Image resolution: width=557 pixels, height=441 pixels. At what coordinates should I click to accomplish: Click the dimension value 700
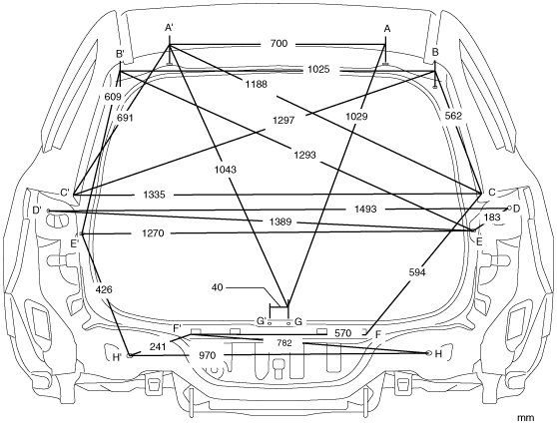(x=278, y=44)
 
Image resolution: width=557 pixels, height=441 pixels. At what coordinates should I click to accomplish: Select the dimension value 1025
(x=318, y=69)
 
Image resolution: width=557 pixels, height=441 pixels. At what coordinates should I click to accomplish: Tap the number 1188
(x=256, y=84)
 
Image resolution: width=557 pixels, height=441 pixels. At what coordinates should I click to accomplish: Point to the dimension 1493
(x=365, y=209)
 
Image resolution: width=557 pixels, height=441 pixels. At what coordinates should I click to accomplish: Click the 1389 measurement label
(x=280, y=221)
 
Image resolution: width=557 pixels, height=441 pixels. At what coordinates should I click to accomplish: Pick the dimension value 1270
(x=153, y=233)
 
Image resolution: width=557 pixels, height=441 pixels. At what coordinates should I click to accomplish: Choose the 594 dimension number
(x=417, y=272)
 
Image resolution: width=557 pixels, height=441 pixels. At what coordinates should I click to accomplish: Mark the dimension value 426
(x=104, y=289)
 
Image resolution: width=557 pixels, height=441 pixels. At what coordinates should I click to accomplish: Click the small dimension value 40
(x=217, y=287)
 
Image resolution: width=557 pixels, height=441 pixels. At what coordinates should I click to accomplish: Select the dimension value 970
(x=207, y=355)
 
